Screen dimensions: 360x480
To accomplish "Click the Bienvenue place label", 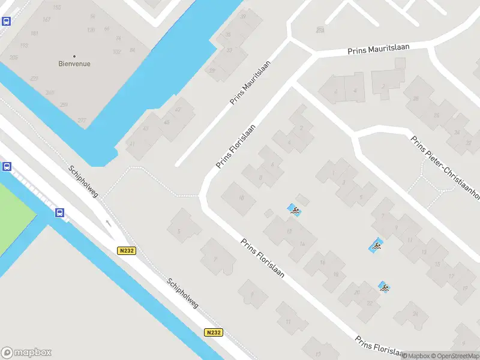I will (74, 64).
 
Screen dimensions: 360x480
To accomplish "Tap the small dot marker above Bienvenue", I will (74, 56).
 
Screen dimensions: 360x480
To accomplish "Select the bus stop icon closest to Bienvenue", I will (7, 22).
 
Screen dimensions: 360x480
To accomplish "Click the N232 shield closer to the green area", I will (125, 251).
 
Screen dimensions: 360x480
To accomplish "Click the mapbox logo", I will (26, 353).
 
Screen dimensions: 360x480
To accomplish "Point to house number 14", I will (302, 243).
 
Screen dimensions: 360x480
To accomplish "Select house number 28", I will (416, 98).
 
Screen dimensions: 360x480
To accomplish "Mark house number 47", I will (178, 110).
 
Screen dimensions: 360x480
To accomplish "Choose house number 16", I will (322, 263).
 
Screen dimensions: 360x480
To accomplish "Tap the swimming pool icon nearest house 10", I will (294, 210).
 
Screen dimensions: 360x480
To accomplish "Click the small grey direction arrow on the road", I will (109, 223).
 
